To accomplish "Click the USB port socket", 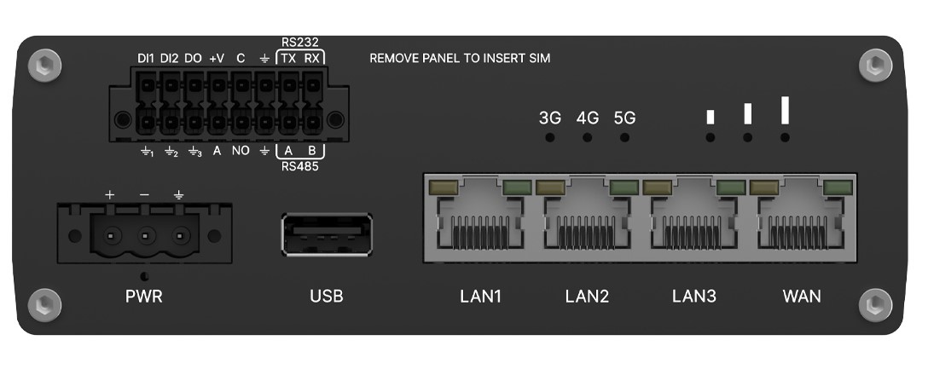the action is coord(328,234).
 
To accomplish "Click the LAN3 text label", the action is coord(694,296).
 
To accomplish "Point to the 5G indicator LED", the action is coord(624,137).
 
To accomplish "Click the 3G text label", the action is coord(550,118).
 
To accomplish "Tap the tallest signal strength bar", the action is coord(785,111).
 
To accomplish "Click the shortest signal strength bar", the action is coord(710,117).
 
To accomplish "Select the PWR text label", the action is coord(144,297).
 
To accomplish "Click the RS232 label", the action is coord(300,42).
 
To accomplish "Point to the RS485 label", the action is coord(300,167).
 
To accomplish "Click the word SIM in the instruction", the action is coord(541,59).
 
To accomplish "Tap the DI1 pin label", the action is coord(146,59).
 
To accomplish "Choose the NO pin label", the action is coord(241,151).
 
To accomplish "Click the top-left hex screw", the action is coord(45,65).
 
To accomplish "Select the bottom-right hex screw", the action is coord(875,304).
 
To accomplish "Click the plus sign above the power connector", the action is coord(109,194).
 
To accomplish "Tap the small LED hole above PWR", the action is coord(144,276).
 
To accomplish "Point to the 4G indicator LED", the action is coord(587,137).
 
